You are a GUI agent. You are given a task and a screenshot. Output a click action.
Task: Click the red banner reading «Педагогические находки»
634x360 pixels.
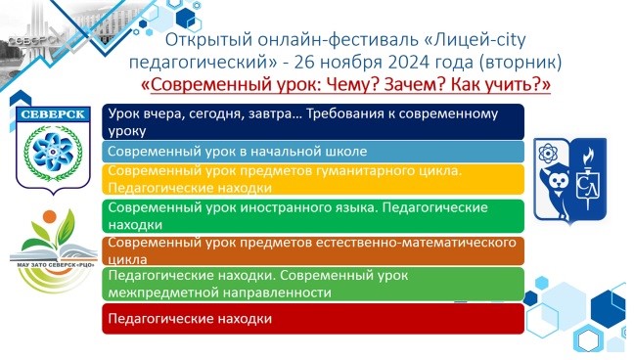313,319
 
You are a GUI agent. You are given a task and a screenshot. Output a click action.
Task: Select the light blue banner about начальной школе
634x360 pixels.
313,152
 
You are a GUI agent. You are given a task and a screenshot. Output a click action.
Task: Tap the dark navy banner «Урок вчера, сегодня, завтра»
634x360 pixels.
313,121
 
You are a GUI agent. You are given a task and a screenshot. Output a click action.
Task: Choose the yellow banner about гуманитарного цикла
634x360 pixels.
313,179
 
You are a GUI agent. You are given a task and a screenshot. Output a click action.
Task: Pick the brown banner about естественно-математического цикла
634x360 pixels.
313,250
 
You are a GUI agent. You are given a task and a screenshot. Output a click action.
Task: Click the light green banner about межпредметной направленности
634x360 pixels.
313,284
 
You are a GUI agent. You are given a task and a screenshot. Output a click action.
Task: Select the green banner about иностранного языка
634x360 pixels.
313,216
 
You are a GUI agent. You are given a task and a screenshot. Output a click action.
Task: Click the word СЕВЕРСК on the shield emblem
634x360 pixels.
53,114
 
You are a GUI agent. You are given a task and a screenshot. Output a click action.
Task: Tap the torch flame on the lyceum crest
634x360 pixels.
587,156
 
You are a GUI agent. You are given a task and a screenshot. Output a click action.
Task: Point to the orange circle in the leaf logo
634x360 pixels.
49,216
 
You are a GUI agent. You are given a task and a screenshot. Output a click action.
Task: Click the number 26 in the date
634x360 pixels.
303,62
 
